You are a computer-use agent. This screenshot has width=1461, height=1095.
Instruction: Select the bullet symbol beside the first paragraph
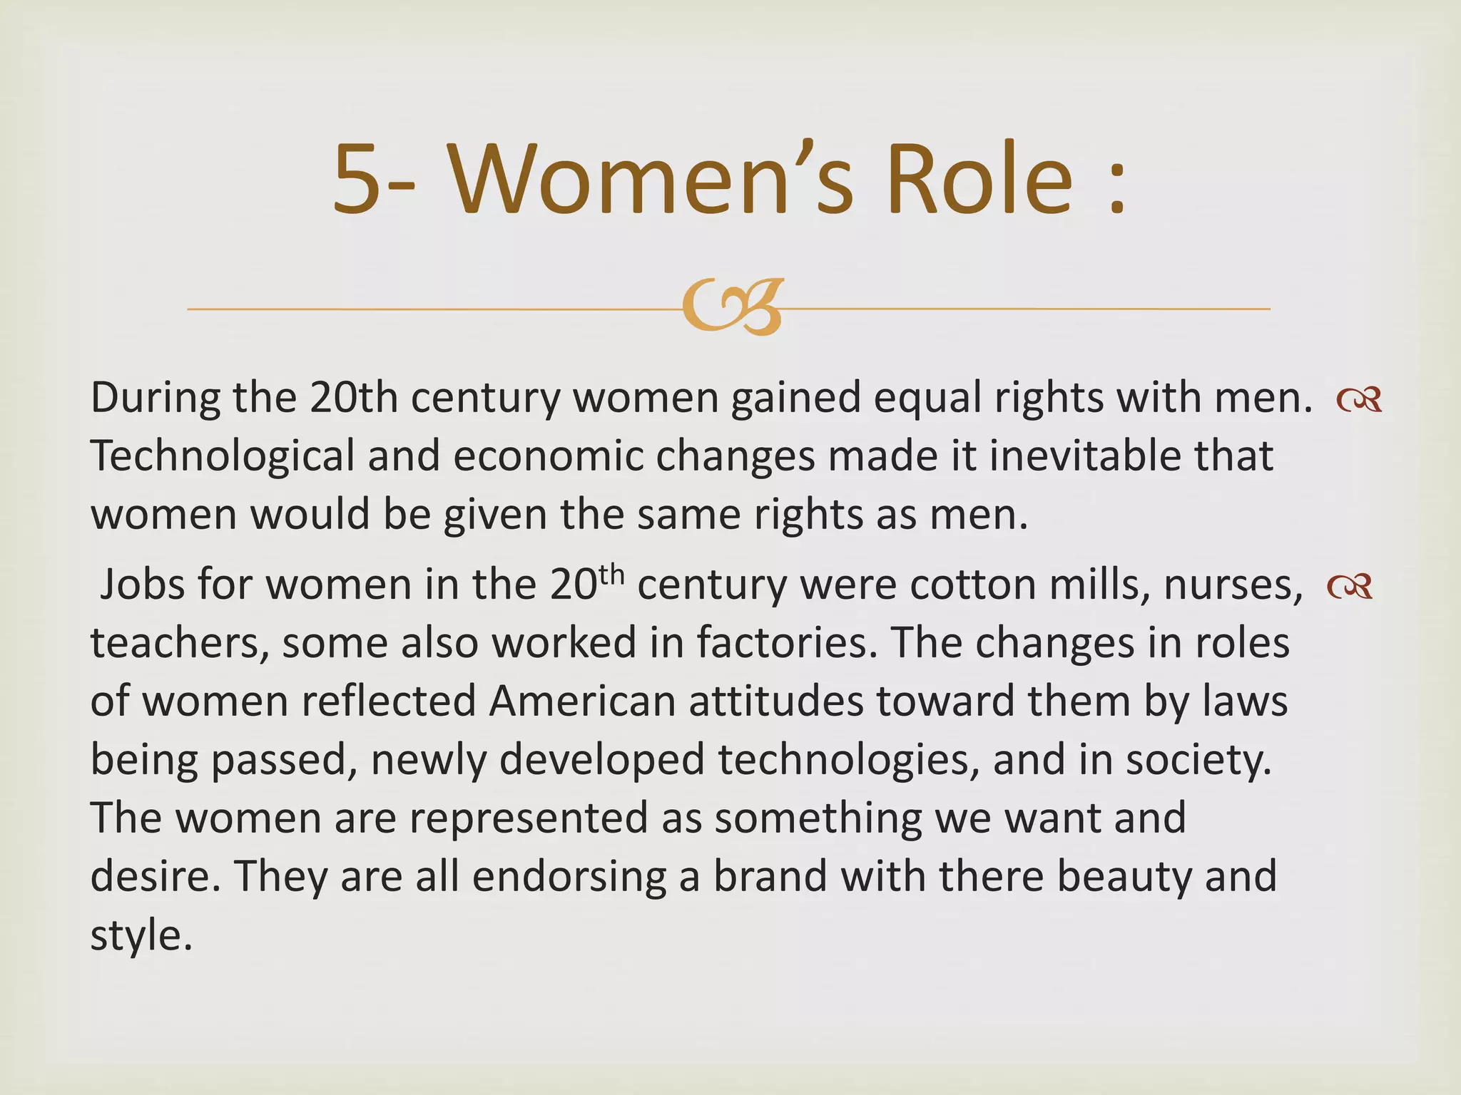(1360, 400)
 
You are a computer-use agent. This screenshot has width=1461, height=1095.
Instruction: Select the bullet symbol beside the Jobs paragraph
(1350, 587)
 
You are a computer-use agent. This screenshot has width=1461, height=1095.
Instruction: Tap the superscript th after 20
(611, 575)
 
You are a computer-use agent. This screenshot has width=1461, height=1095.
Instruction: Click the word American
(582, 701)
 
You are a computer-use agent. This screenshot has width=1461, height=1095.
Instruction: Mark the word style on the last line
(141, 935)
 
